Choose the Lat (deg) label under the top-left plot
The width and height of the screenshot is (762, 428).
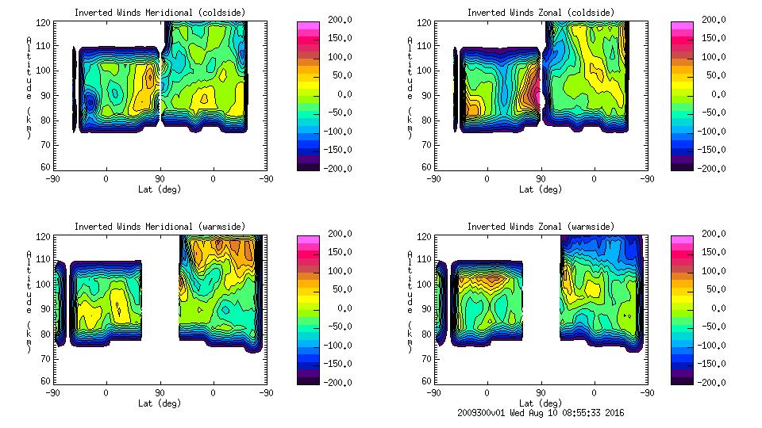[160, 189]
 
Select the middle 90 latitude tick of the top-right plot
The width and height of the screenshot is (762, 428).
[541, 179]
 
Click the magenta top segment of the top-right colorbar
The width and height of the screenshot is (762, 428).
[682, 26]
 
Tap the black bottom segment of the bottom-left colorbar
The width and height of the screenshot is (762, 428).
[307, 379]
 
